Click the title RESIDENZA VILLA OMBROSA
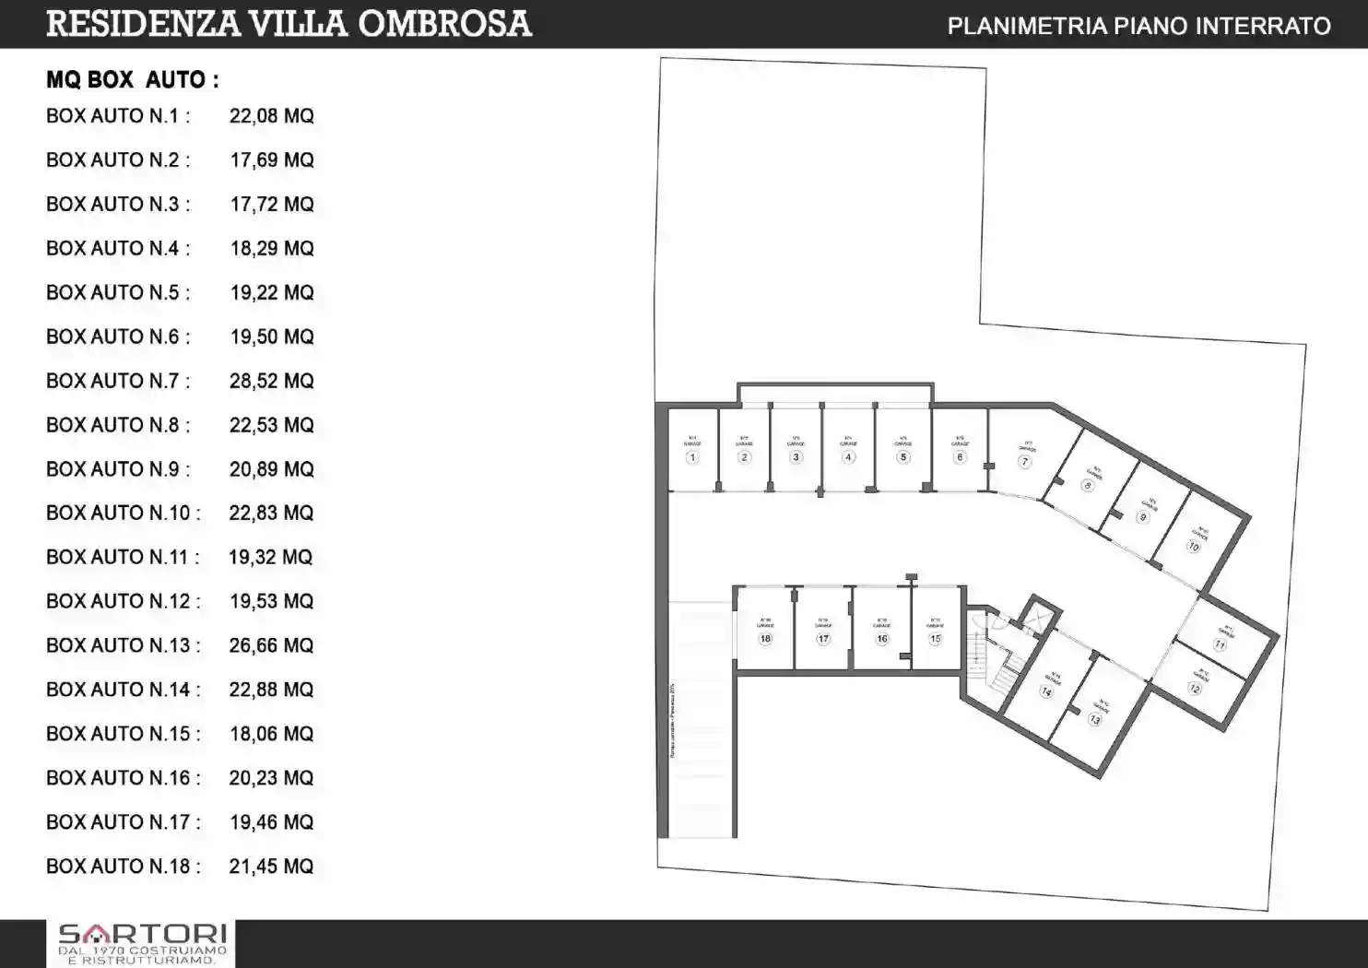click(x=289, y=24)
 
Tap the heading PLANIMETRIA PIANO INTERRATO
click(x=1138, y=26)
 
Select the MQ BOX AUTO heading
click(x=133, y=80)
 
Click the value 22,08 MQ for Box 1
click(x=272, y=116)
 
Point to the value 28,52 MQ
click(x=272, y=381)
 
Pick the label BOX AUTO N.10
click(x=123, y=513)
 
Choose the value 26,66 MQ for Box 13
click(x=272, y=645)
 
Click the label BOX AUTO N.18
click(x=123, y=866)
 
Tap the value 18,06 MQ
click(x=272, y=734)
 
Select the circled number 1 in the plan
click(x=692, y=457)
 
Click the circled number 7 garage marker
click(x=1024, y=462)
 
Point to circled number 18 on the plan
click(x=765, y=638)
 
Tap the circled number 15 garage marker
click(x=935, y=638)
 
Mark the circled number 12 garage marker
click(x=1195, y=689)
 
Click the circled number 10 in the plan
click(x=1193, y=547)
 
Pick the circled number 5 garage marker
click(x=903, y=457)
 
